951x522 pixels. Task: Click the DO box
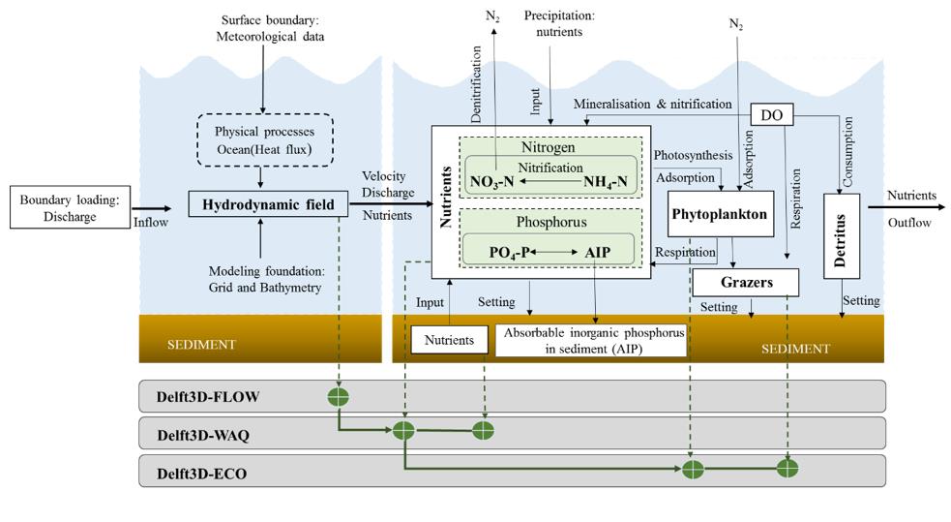[x=771, y=115]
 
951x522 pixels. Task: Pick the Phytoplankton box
[x=722, y=214]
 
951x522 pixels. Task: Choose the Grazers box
[x=746, y=282]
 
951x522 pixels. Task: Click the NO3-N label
[x=493, y=181]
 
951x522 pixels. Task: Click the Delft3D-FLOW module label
[x=208, y=397]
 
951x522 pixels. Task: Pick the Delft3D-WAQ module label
[x=203, y=435]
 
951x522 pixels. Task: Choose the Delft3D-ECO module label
[x=202, y=472]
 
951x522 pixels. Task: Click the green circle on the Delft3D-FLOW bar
[x=338, y=396]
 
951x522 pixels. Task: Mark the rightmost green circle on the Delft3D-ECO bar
[x=788, y=469]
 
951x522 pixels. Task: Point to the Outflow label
[x=910, y=222]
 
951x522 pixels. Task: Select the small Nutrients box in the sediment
[x=450, y=340]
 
